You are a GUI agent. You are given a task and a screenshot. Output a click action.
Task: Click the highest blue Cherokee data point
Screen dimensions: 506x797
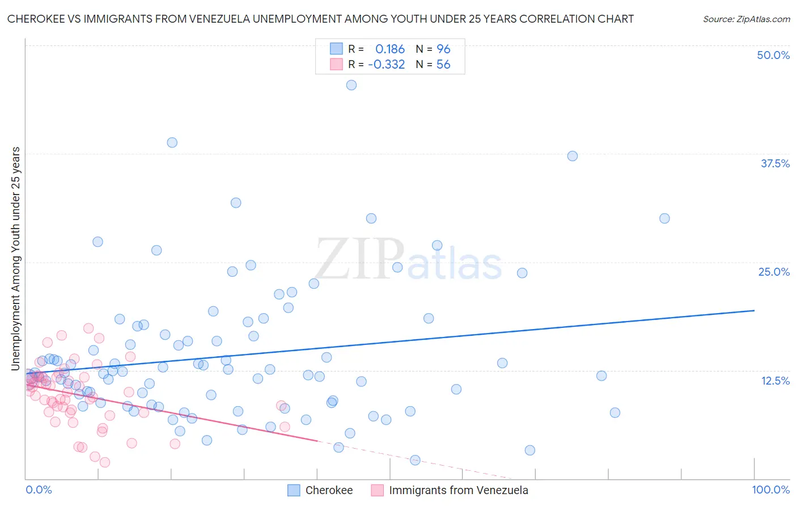tap(351, 85)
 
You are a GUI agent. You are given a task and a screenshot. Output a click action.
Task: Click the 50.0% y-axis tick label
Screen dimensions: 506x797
tap(773, 55)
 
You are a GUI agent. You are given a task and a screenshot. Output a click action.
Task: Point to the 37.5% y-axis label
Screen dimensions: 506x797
tap(775, 163)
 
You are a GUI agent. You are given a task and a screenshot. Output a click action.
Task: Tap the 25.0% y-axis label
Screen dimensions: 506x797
tap(774, 272)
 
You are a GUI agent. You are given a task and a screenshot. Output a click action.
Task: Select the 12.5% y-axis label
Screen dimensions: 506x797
tap(775, 381)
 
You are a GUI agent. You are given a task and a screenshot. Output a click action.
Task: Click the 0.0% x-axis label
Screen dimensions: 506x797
tap(39, 490)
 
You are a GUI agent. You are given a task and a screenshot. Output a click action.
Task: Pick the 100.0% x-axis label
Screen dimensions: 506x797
tap(771, 490)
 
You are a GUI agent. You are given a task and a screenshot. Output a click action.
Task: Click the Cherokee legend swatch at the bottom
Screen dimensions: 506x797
tap(294, 490)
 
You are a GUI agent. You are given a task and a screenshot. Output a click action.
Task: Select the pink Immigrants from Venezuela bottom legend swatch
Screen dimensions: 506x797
tap(378, 490)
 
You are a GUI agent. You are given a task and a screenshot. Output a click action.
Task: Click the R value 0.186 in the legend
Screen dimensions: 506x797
tap(390, 49)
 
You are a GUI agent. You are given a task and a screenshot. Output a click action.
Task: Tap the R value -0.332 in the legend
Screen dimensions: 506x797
tap(387, 65)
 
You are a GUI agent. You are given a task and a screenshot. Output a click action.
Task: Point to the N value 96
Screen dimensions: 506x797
tap(443, 49)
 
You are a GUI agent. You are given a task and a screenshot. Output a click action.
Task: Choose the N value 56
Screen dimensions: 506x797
tap(443, 65)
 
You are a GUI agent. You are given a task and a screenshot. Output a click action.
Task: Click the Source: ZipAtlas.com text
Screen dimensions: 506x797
tap(747, 19)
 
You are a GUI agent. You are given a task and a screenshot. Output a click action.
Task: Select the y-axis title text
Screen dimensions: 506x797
tap(15, 259)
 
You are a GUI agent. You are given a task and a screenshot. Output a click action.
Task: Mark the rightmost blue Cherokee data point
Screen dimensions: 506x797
tap(664, 218)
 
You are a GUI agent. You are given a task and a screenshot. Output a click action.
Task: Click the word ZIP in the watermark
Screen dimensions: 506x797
tap(359, 260)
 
